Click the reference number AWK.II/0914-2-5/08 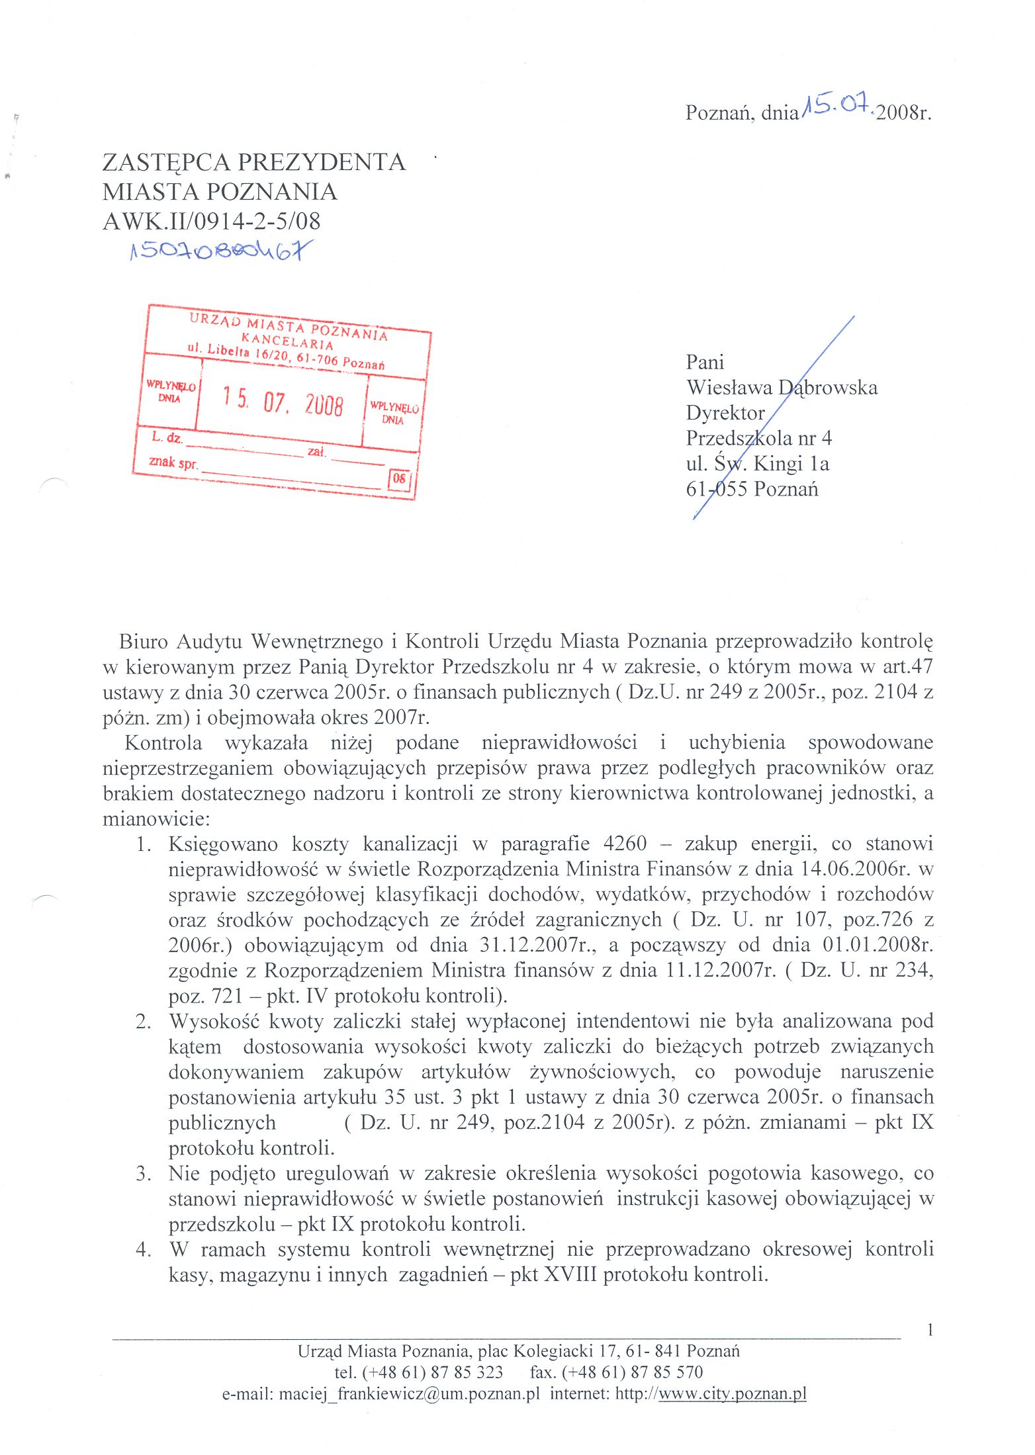point(211,221)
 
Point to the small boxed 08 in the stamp point(399,478)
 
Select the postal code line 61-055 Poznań point(752,489)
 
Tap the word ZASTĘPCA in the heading point(165,162)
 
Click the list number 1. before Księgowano point(144,844)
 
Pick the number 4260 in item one point(625,844)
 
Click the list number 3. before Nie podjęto point(144,1173)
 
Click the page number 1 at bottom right point(930,1330)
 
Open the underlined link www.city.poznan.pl point(733,1393)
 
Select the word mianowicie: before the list point(156,818)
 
